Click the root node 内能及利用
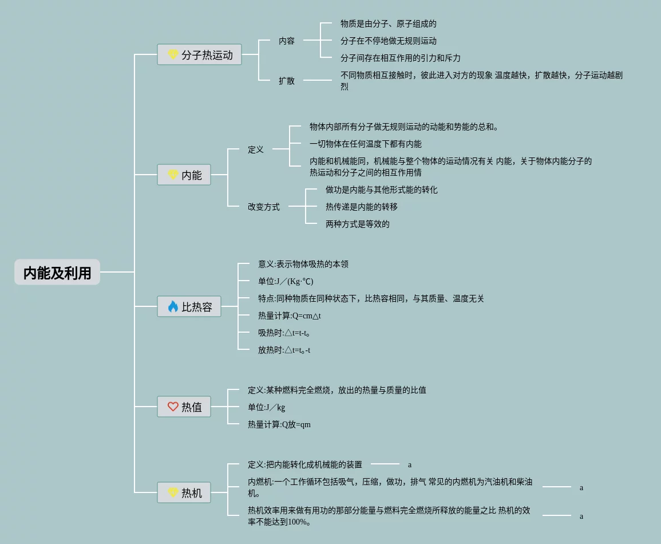[x=57, y=273]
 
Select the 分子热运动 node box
[x=200, y=55]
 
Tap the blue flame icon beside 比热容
[x=173, y=306]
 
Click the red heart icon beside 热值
[x=173, y=407]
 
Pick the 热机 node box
[x=184, y=492]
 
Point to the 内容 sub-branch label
[x=287, y=41]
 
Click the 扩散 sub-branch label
[x=287, y=81]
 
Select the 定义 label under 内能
[x=256, y=149]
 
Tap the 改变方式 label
[x=264, y=207]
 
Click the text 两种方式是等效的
[x=358, y=224]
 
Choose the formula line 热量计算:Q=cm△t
[x=290, y=316]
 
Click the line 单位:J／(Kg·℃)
[x=286, y=281]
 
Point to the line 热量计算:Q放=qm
[x=279, y=424]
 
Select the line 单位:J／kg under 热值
[x=267, y=407]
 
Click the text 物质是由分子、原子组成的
[x=389, y=23]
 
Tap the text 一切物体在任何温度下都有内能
[x=366, y=144]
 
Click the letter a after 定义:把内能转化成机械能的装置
[x=410, y=464]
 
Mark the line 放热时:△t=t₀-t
[x=284, y=350]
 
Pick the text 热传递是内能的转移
[x=362, y=207]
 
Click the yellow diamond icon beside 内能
[x=173, y=175]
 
